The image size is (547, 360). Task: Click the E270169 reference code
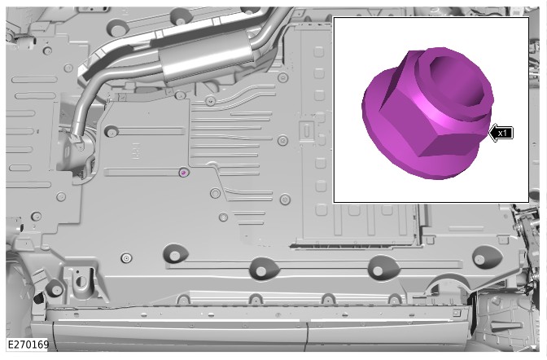[x=28, y=345]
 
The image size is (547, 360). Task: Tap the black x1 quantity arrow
[x=501, y=133]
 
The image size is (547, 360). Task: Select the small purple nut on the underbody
[x=183, y=172]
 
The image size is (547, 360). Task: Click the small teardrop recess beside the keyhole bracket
[x=54, y=288]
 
